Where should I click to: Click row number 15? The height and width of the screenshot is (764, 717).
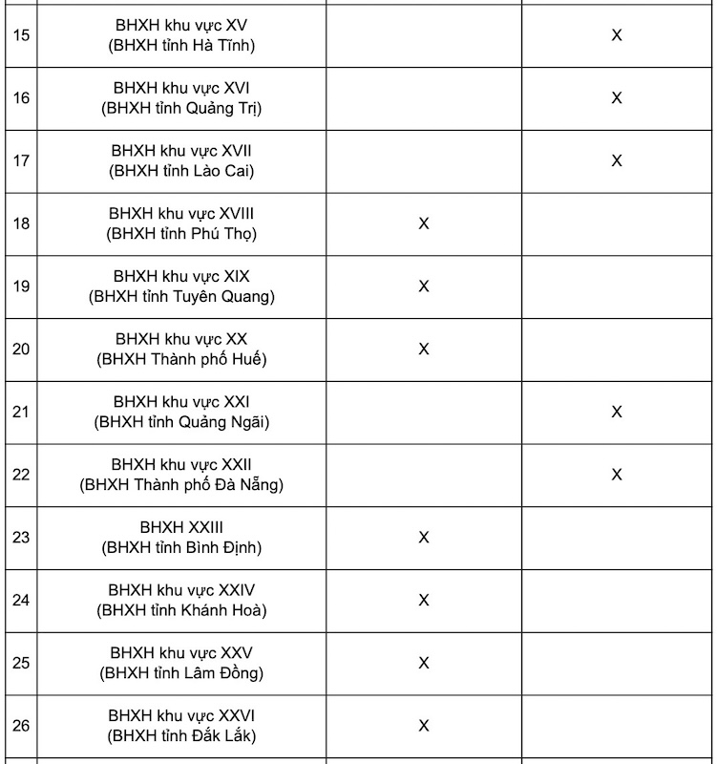[x=21, y=35]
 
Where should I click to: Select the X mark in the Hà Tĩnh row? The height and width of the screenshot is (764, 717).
[x=617, y=35]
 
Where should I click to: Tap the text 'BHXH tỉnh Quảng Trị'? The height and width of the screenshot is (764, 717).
[x=181, y=108]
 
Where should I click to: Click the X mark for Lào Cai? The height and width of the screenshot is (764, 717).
[x=617, y=160]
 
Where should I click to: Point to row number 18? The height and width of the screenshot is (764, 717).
[x=21, y=223]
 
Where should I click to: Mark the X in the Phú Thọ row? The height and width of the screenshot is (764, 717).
[x=424, y=223]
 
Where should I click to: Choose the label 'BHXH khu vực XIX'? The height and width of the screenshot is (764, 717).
[x=181, y=276]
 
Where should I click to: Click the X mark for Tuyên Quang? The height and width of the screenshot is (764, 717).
[x=424, y=286]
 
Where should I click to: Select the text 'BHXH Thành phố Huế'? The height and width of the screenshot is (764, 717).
[x=181, y=360]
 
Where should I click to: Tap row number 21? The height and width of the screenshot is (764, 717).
[x=21, y=412]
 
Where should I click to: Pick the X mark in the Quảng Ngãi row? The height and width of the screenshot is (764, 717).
[x=617, y=412]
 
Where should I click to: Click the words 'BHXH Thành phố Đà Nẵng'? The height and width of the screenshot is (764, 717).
[x=181, y=485]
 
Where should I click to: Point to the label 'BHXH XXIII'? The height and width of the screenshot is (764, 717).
[x=181, y=527]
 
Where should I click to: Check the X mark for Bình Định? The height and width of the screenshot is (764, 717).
[x=424, y=538]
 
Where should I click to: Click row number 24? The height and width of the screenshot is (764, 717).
[x=21, y=600]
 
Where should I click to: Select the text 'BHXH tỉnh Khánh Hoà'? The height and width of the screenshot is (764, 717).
[x=181, y=610]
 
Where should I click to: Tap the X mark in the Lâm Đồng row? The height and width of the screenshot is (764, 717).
[x=424, y=663]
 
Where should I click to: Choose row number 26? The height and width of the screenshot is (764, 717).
[x=21, y=726]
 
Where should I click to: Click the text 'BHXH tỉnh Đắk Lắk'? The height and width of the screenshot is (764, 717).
[x=181, y=736]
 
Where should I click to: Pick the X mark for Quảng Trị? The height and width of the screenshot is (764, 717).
[x=617, y=97]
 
